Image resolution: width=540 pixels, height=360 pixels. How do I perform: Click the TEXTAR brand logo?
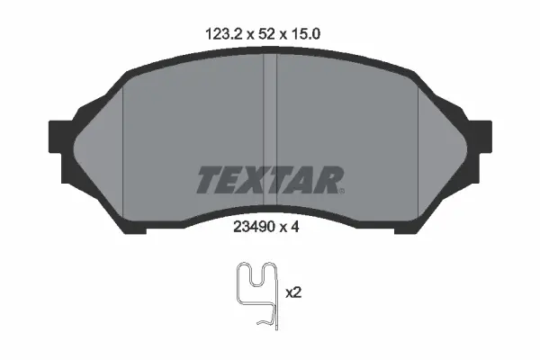(269, 178)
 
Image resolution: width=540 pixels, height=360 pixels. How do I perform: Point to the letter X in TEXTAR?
(255, 178)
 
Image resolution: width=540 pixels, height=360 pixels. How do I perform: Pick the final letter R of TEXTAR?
(328, 178)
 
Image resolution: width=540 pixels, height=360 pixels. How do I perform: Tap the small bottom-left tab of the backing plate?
(135, 228)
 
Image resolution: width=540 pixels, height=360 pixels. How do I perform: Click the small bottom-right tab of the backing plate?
(405, 228)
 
